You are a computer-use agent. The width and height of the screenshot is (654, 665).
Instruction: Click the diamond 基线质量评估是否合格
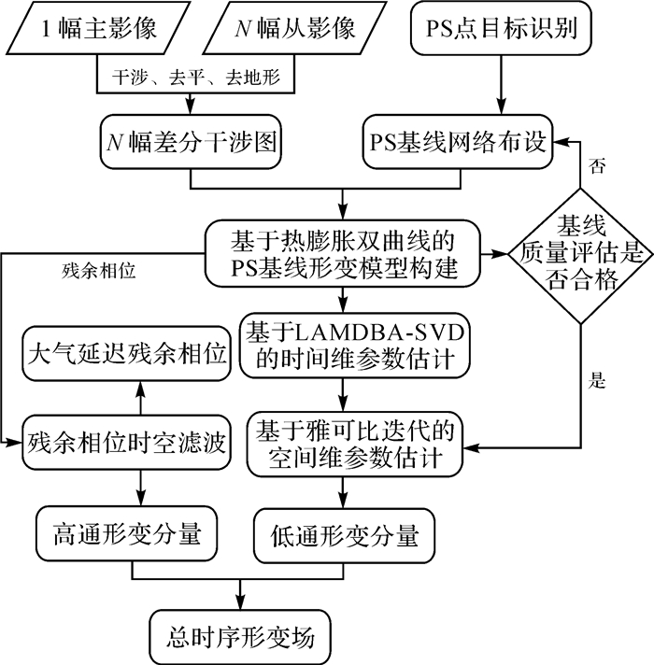(x=580, y=253)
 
